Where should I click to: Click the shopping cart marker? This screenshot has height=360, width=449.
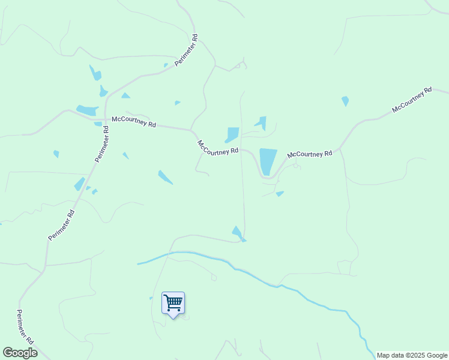pyautogui.click(x=173, y=303)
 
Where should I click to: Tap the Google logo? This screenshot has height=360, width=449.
pyautogui.click(x=20, y=353)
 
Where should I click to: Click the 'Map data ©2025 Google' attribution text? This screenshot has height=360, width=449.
pyautogui.click(x=412, y=355)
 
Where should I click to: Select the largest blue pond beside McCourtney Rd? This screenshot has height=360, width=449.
pyautogui.click(x=267, y=161)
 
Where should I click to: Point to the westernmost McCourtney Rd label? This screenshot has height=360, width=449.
pyautogui.click(x=134, y=122)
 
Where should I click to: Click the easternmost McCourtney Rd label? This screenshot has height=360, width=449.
pyautogui.click(x=411, y=100)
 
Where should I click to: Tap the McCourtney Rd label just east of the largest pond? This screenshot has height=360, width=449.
pyautogui.click(x=310, y=154)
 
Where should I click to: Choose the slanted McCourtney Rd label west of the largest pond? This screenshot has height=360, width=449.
pyautogui.click(x=218, y=148)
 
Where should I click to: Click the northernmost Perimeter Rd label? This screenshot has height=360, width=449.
pyautogui.click(x=186, y=53)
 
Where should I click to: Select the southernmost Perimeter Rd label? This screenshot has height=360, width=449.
pyautogui.click(x=25, y=326)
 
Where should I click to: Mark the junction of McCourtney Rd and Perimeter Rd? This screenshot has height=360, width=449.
pyautogui.click(x=106, y=118)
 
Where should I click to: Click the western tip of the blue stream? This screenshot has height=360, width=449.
pyautogui.click(x=138, y=263)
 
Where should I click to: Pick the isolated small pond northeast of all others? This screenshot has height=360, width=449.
pyautogui.click(x=345, y=101)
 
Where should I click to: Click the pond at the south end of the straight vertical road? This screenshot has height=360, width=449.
pyautogui.click(x=238, y=233)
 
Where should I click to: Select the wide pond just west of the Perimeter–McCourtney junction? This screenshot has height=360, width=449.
pyautogui.click(x=88, y=110)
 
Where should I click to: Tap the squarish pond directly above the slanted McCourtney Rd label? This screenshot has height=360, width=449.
pyautogui.click(x=232, y=134)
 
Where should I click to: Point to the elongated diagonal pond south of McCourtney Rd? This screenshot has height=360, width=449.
pyautogui.click(x=165, y=177)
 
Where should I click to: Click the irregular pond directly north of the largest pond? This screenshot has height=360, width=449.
pyautogui.click(x=261, y=122)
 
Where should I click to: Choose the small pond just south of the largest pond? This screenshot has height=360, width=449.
pyautogui.click(x=280, y=193)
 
